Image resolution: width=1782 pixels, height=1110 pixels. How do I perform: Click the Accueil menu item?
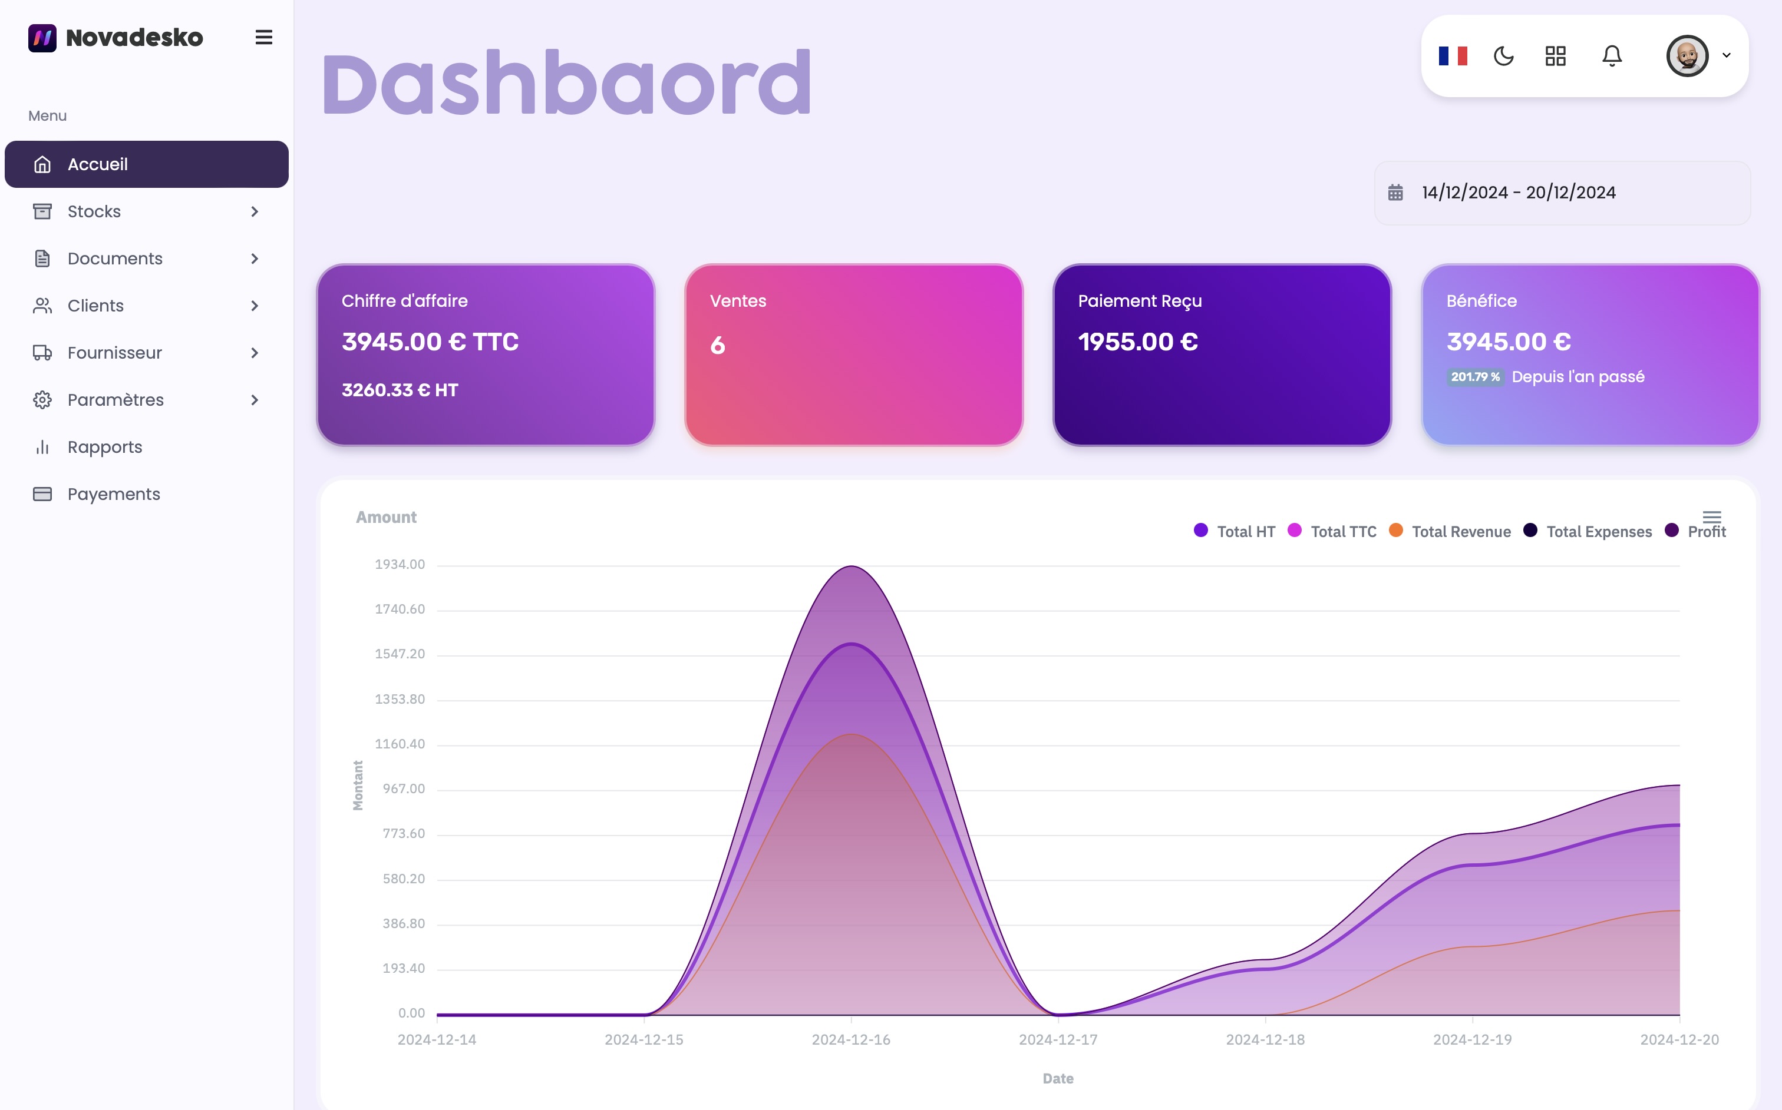point(98,164)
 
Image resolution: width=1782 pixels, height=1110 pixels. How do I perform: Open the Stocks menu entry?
point(94,211)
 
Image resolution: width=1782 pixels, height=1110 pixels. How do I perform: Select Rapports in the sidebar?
point(104,447)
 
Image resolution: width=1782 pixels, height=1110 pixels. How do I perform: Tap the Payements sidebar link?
point(113,494)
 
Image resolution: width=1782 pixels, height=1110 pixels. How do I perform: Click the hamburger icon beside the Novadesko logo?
point(263,38)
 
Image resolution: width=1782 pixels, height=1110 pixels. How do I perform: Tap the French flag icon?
point(1452,56)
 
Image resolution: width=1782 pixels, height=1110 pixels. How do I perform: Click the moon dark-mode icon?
point(1504,56)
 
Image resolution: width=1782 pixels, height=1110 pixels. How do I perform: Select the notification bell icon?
point(1612,56)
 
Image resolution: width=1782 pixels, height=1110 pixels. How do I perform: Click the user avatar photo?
point(1687,56)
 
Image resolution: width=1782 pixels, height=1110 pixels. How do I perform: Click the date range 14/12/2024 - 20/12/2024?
point(1519,193)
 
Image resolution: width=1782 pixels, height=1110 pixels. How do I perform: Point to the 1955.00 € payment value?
point(1138,342)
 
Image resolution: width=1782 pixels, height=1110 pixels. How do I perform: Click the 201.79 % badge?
point(1475,377)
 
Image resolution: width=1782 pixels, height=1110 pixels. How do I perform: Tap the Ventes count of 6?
point(718,345)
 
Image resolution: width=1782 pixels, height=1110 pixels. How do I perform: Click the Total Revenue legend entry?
point(1460,532)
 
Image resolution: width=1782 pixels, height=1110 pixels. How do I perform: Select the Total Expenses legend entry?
point(1598,532)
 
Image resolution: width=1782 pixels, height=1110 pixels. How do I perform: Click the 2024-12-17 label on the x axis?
point(1058,1039)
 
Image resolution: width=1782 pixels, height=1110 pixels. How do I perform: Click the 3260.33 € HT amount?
point(400,390)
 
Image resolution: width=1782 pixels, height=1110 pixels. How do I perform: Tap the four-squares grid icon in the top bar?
point(1555,56)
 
